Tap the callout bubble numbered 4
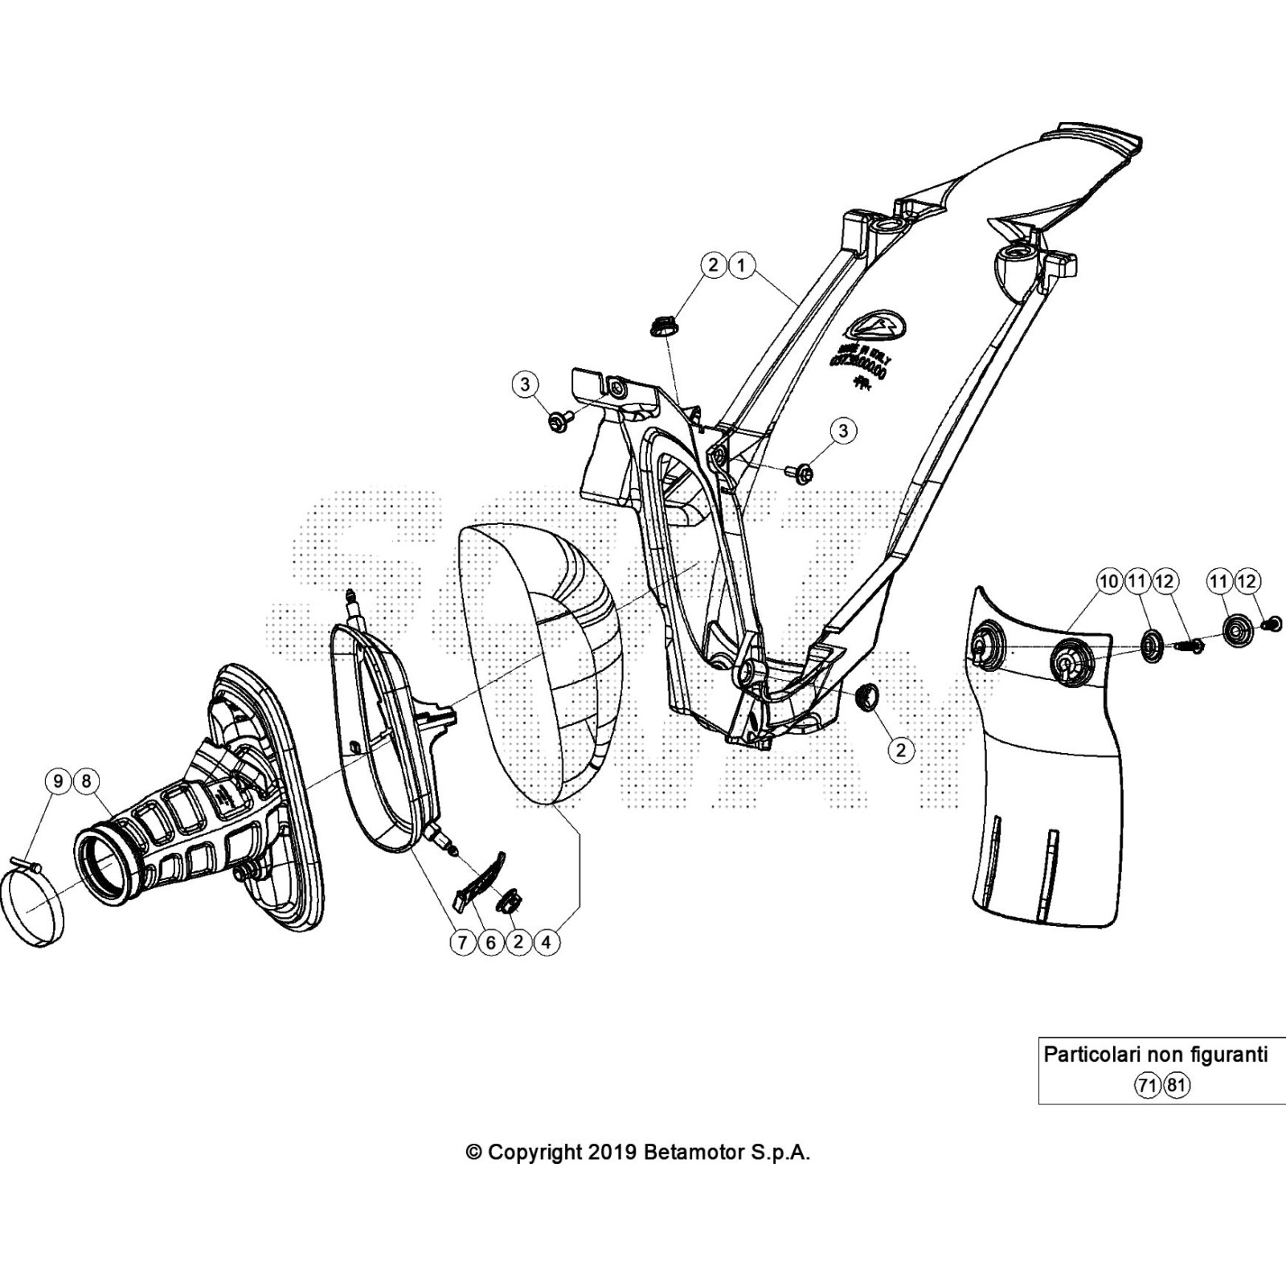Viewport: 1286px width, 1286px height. pyautogui.click(x=547, y=942)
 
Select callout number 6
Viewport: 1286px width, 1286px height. pyautogui.click(x=490, y=942)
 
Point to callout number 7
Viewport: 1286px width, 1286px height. pyautogui.click(x=462, y=942)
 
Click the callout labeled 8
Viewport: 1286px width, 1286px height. pyautogui.click(x=86, y=780)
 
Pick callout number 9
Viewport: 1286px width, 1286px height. pyautogui.click(x=58, y=780)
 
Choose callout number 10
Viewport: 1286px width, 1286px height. pyautogui.click(x=1109, y=581)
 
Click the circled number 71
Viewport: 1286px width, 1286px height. pyautogui.click(x=1147, y=1086)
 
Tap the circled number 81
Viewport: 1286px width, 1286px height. pyautogui.click(x=1177, y=1086)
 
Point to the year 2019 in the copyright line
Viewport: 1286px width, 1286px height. pyautogui.click(x=612, y=1152)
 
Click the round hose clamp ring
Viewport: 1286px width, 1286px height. pyautogui.click(x=34, y=904)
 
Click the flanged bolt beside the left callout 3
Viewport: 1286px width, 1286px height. pyautogui.click(x=559, y=420)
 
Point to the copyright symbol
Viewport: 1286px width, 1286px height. pyautogui.click(x=474, y=1153)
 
